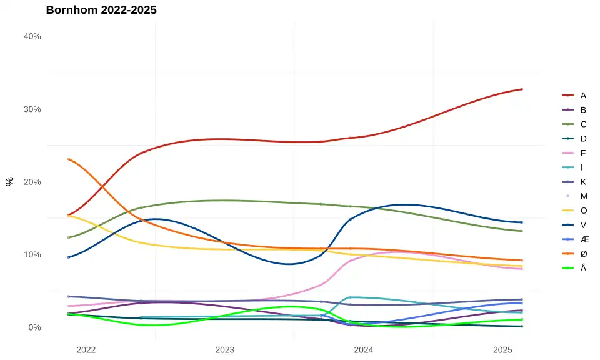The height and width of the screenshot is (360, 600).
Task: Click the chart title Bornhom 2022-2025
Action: click(101, 10)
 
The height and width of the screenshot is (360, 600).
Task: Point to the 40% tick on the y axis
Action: click(32, 36)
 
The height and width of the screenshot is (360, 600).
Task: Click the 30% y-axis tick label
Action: click(32, 109)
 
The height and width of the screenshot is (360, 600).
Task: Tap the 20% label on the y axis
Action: click(32, 182)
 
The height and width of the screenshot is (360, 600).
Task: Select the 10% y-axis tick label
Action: click(32, 254)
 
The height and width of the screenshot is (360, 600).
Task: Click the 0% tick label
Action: click(34, 327)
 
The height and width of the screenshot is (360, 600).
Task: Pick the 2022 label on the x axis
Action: click(86, 350)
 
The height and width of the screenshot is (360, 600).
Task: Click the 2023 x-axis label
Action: click(225, 350)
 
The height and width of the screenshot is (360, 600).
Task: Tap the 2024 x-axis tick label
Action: click(364, 350)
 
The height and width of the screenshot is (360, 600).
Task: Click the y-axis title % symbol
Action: click(10, 181)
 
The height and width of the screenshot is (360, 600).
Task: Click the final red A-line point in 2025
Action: click(522, 89)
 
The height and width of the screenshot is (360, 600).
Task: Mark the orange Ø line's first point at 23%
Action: click(69, 159)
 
